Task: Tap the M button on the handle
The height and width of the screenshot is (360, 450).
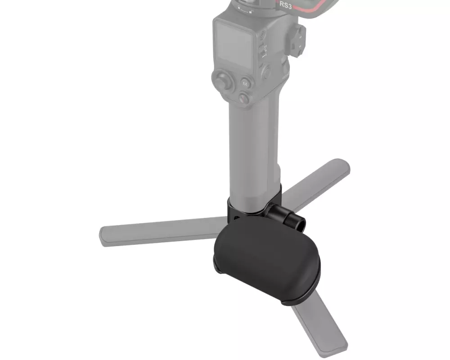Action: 245,84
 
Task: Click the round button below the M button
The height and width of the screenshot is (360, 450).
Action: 244,97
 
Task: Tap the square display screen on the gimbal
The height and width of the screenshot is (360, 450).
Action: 234,45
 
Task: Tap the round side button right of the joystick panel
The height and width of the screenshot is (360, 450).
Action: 266,72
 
